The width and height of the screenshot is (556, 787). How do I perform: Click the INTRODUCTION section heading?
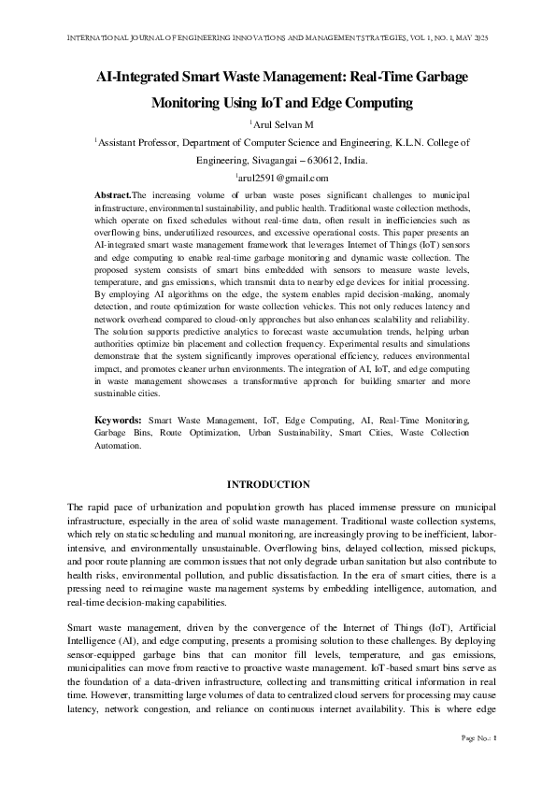point(269,484)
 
